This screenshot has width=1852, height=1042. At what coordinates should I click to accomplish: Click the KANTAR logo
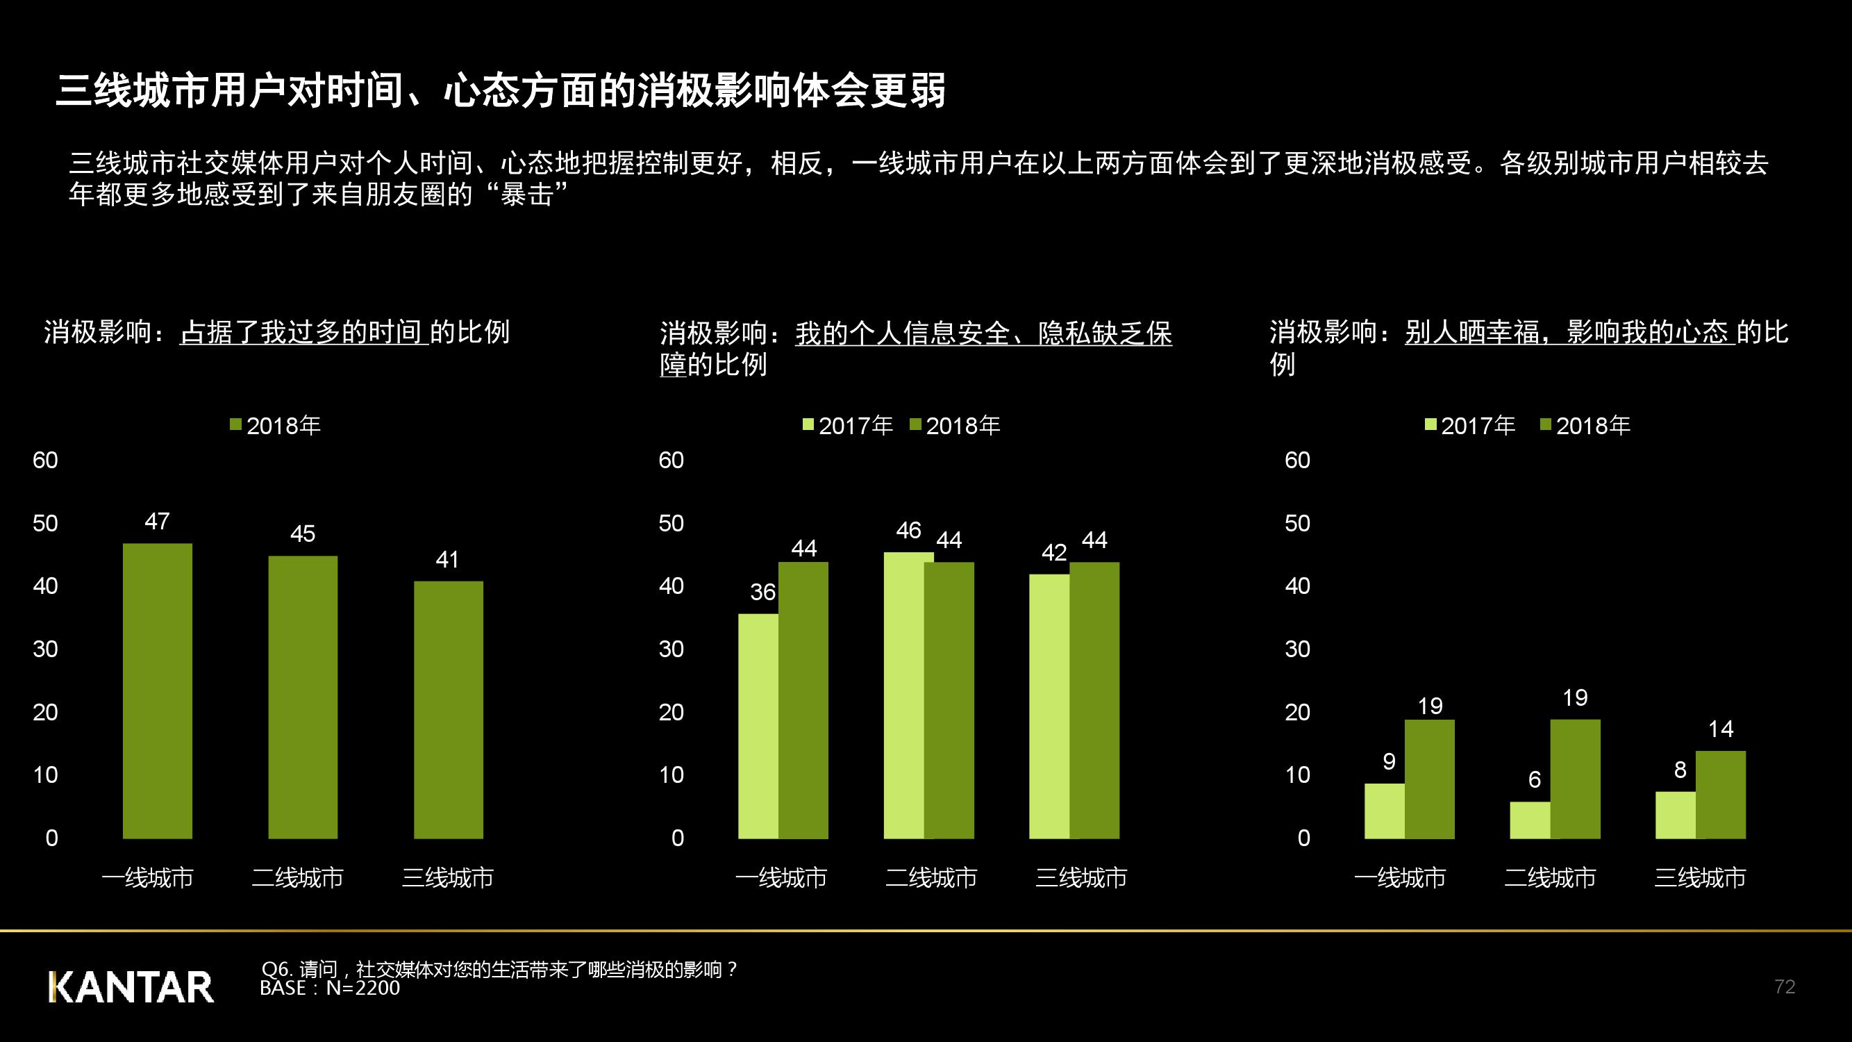tap(131, 986)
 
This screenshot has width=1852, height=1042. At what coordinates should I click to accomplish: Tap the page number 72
tap(1785, 986)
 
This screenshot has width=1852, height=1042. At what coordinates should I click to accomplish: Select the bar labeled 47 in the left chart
tap(158, 690)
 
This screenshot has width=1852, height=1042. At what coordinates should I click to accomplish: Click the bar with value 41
tap(448, 709)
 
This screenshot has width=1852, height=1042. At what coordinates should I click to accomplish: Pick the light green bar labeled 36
tap(758, 727)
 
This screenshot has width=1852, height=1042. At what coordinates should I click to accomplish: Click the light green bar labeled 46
tap(903, 695)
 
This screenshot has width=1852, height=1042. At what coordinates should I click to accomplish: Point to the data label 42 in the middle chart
tap(1054, 552)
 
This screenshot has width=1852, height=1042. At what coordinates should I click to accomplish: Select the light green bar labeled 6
tap(1530, 820)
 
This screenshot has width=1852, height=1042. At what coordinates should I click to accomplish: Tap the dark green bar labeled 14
tap(1721, 795)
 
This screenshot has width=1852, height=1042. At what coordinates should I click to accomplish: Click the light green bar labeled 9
tap(1384, 811)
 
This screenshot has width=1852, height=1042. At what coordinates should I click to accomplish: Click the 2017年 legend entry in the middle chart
tap(849, 426)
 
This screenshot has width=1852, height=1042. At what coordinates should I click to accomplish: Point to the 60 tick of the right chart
tap(1297, 461)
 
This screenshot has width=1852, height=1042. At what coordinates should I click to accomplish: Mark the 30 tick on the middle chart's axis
tap(671, 649)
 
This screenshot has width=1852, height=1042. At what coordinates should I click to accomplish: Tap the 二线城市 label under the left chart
tap(298, 877)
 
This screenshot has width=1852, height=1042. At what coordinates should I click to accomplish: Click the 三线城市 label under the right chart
tap(1700, 877)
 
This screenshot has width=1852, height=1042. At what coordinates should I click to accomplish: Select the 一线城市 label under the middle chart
tap(781, 877)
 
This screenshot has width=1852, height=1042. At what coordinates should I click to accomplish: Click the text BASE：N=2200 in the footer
tap(329, 988)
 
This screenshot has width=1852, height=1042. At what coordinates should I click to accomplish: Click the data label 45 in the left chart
tap(303, 534)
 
